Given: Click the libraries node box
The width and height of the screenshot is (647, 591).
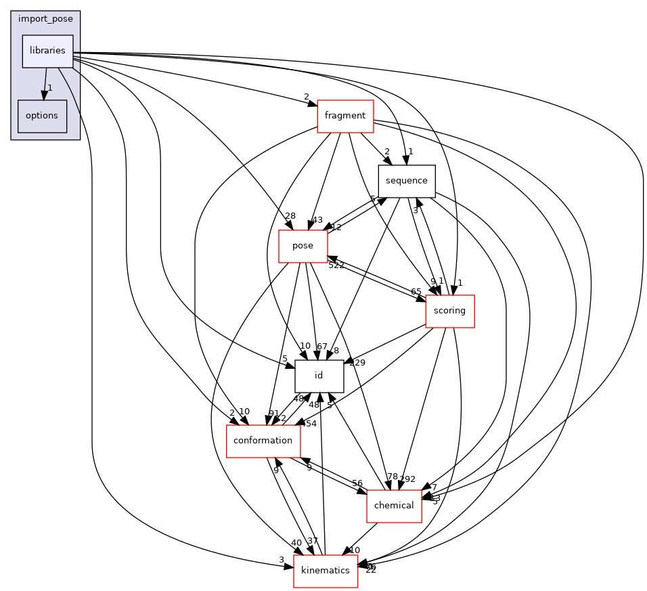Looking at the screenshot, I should tap(47, 51).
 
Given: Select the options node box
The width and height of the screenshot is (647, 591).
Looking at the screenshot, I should tap(42, 116).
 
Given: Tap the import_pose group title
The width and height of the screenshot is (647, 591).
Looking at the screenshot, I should tap(45, 18).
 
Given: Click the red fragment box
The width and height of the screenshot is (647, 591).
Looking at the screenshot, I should tap(345, 116).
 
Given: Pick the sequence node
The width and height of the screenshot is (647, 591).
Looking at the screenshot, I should tap(406, 181).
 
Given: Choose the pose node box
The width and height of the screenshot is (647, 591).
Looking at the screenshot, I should tap(303, 246).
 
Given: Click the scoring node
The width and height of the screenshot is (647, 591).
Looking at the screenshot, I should tap(449, 311).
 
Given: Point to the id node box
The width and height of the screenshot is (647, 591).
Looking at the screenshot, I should tap(319, 376).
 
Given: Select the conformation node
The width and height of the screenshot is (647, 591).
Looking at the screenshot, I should tap(263, 441).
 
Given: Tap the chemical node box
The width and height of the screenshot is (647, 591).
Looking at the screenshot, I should tap(394, 506).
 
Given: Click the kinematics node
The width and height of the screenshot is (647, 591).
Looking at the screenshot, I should tap(325, 571).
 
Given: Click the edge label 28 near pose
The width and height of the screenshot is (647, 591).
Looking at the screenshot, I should tap(290, 216).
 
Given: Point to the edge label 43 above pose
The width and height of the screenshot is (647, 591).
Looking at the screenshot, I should tap(317, 220).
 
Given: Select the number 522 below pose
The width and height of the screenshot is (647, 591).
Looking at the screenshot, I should tap(336, 265).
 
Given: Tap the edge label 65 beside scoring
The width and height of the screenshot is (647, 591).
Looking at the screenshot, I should tap(416, 292).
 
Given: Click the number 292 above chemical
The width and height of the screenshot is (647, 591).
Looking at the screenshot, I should tap(407, 479).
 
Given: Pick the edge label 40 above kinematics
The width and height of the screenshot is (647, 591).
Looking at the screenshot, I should tap(296, 543).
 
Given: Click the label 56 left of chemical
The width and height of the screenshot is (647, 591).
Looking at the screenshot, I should tap(357, 483).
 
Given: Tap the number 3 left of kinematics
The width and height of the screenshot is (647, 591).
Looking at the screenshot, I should tap(281, 559).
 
